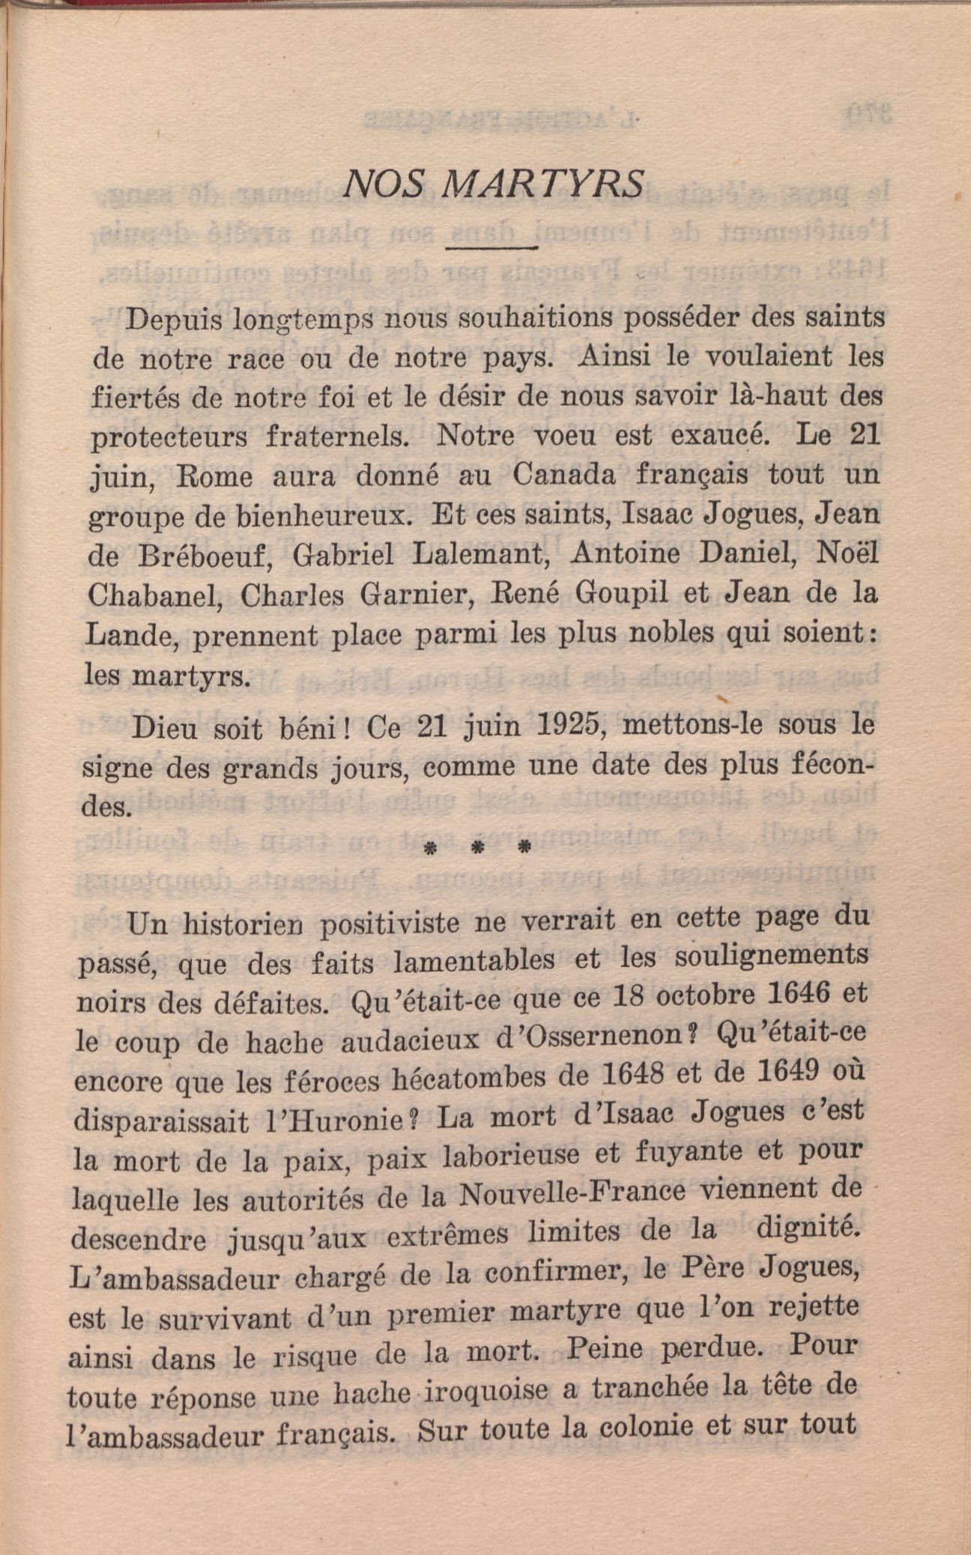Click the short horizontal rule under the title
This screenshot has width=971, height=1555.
[x=492, y=246]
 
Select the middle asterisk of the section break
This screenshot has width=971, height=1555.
[x=477, y=849]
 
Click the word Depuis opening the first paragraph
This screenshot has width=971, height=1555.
[x=173, y=321]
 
